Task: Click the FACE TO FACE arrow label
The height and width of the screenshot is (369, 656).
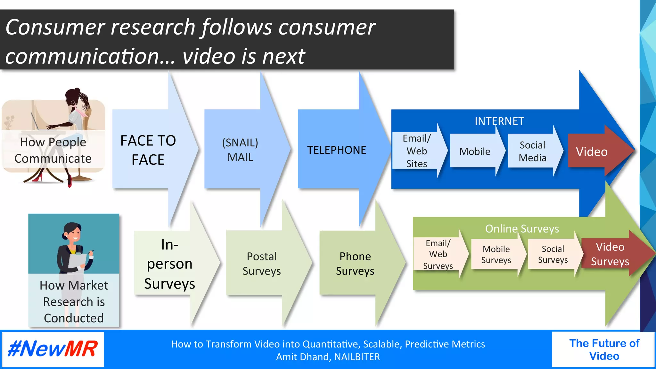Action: point(148,150)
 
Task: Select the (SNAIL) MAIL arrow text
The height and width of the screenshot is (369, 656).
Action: point(240,150)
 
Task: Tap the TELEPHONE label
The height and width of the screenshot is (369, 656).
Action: point(336,150)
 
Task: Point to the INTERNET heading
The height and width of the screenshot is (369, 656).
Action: point(499,121)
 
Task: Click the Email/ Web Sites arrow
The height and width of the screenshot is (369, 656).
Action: point(417,151)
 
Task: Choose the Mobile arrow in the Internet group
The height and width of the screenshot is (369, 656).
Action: point(475,152)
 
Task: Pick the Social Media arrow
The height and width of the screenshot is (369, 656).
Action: point(532,151)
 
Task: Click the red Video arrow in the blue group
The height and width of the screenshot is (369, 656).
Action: point(592,152)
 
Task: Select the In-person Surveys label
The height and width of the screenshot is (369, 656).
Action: point(169,264)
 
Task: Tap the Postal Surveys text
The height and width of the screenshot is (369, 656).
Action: point(262,264)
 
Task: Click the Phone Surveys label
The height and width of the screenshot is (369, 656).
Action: point(355,264)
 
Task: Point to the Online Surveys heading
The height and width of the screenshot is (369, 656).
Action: point(522,229)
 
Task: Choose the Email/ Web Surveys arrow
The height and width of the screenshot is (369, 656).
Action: point(438,254)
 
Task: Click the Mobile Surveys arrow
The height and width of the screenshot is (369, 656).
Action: point(496,254)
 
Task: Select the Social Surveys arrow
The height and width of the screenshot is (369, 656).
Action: point(553,254)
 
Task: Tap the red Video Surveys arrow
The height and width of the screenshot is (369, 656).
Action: point(610,254)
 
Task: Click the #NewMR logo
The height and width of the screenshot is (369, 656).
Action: point(53,349)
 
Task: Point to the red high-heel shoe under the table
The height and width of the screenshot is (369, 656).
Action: point(39,176)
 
